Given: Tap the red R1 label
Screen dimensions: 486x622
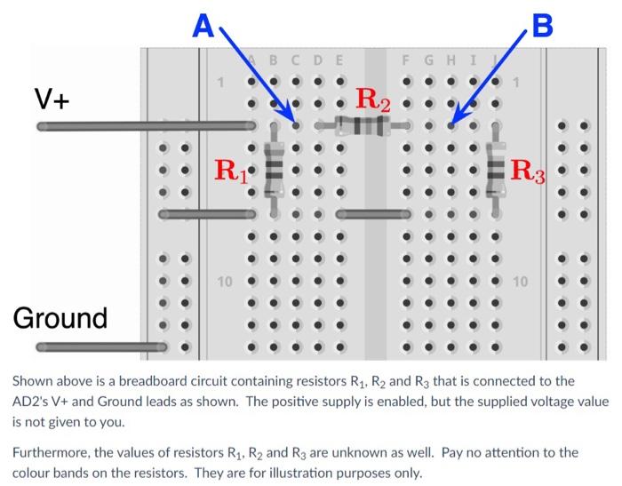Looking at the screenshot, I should (233, 168).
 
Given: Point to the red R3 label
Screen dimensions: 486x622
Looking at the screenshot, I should (531, 168).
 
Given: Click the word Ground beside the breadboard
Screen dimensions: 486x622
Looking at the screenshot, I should (60, 317).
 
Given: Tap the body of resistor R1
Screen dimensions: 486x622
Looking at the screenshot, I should (275, 169).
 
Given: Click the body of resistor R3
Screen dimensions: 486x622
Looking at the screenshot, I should (496, 169).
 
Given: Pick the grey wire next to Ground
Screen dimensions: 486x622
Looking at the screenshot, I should (89, 346).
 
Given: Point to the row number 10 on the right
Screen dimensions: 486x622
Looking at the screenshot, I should (521, 282).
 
